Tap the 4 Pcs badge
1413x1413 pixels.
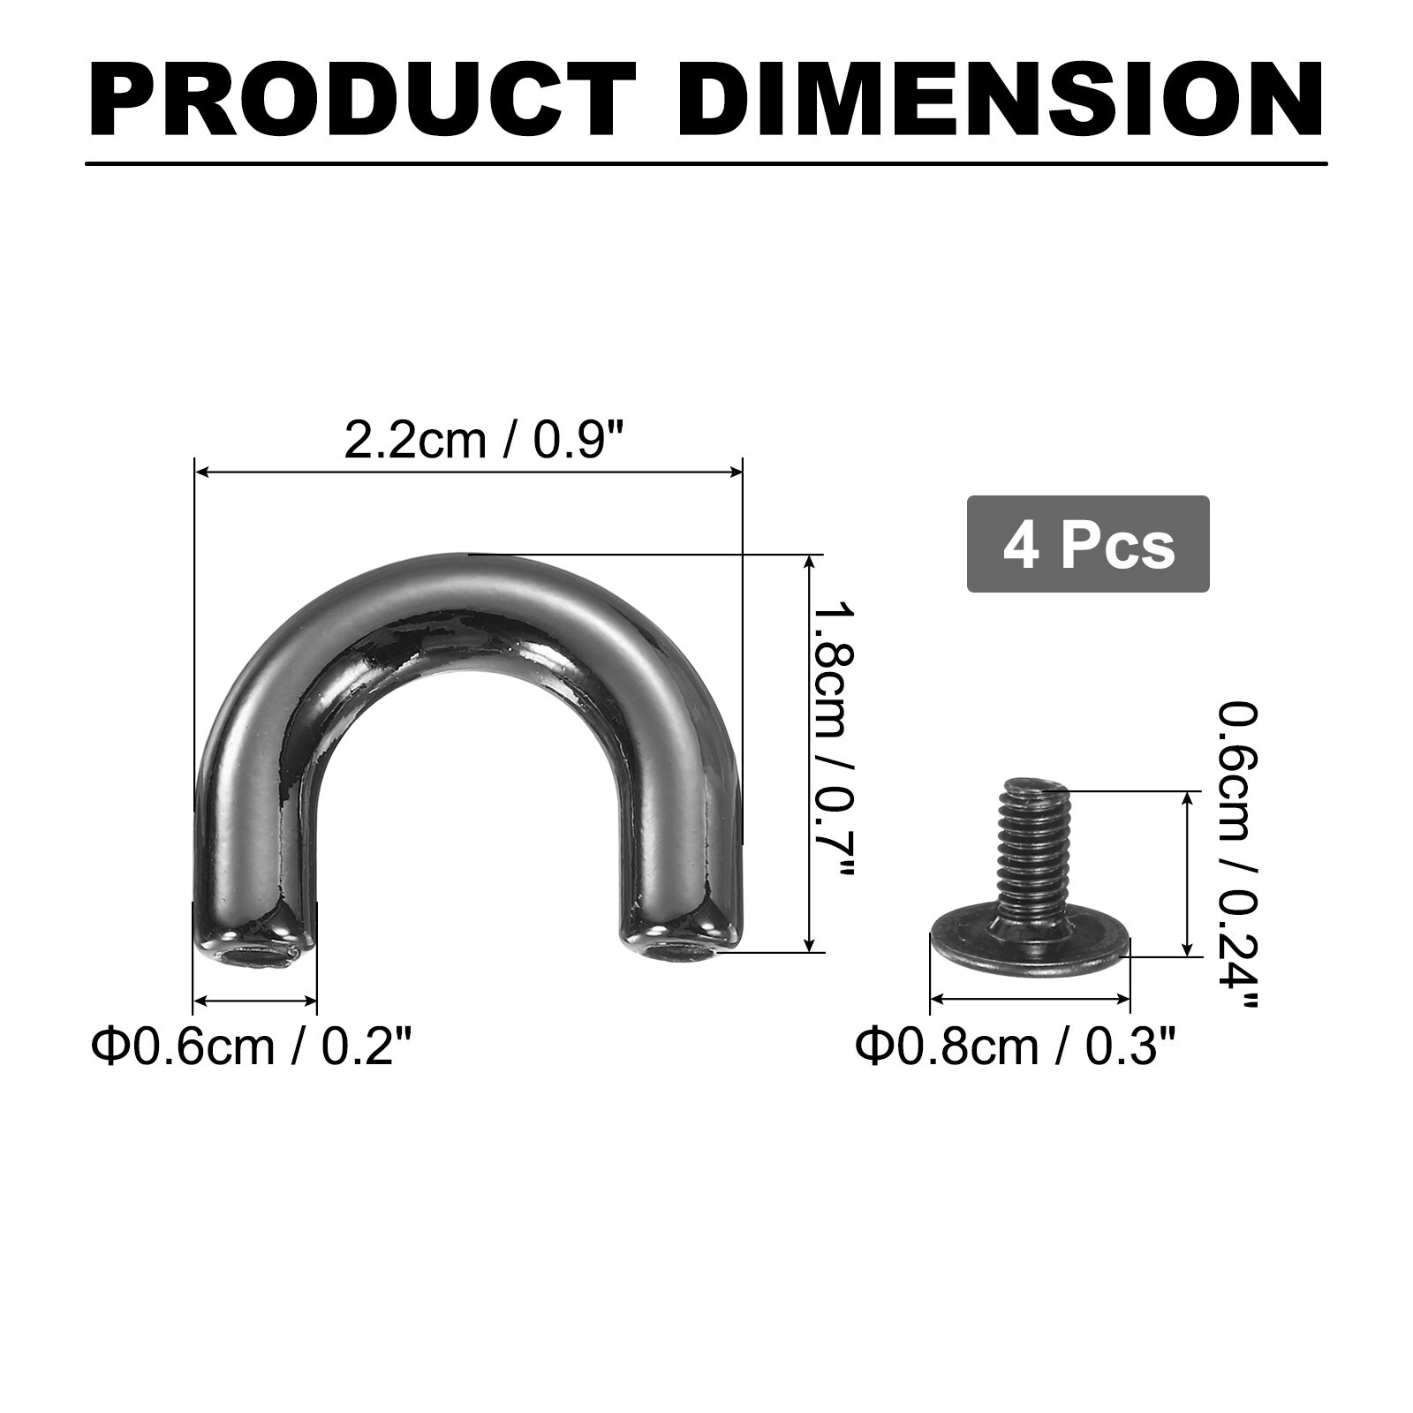coord(1088,544)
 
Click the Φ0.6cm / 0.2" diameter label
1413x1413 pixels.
coord(252,1047)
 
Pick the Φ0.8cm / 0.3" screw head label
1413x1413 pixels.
coord(1016,1047)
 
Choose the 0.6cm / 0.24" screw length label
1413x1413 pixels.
coord(1237,856)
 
